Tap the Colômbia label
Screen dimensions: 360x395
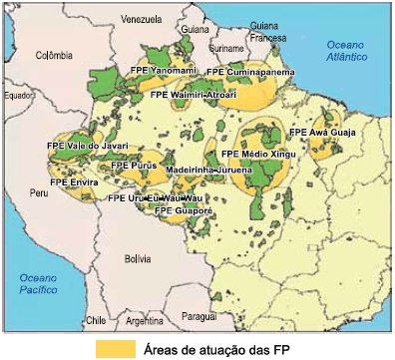coord(56,57)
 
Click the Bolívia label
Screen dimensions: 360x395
coord(137,258)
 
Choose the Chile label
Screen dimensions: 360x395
coord(95,321)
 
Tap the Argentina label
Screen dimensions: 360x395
coord(145,321)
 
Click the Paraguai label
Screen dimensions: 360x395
coord(199,315)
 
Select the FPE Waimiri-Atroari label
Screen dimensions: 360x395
coord(194,94)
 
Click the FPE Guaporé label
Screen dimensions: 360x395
coord(184,211)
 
